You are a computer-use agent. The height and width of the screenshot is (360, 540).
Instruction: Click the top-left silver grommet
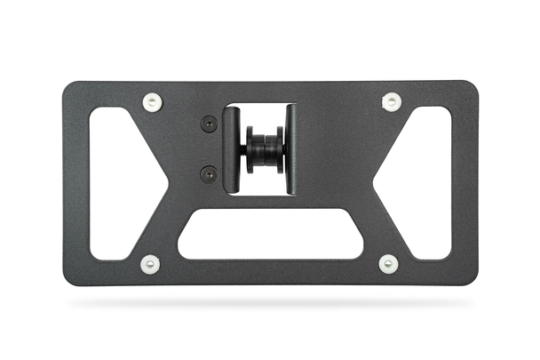153,102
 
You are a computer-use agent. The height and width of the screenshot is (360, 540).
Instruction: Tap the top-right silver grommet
391,101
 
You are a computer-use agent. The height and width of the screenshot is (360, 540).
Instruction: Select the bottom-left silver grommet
150,264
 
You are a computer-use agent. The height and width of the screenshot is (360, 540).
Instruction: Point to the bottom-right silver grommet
388,264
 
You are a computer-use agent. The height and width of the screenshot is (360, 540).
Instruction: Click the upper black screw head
209,124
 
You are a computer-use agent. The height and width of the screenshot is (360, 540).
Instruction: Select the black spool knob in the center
264,150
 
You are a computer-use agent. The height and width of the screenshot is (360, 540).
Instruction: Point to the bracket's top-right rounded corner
472,87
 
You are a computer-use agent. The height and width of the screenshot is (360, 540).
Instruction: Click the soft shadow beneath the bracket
271,303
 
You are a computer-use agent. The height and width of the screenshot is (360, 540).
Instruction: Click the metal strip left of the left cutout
76,182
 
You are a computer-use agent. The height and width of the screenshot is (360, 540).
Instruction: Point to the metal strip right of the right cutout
464,182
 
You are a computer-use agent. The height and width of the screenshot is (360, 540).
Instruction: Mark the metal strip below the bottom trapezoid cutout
271,272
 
